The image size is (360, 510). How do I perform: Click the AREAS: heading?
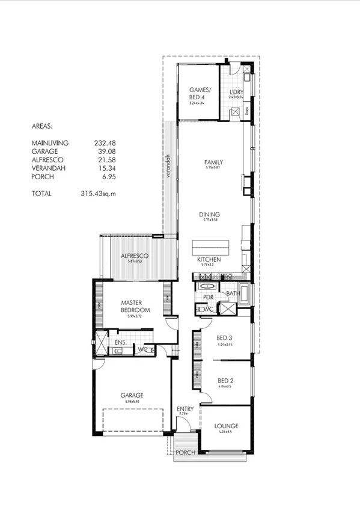pyautogui.click(x=42, y=127)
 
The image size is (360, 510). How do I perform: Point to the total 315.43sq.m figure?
pyautogui.click(x=98, y=194)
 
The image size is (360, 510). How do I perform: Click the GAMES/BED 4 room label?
pyautogui.click(x=197, y=93)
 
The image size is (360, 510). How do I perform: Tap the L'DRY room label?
pyautogui.click(x=236, y=92)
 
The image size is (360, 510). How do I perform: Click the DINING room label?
pyautogui.click(x=210, y=215)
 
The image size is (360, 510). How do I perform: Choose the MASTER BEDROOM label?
pyautogui.click(x=135, y=306)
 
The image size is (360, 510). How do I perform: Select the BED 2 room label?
pyautogui.click(x=225, y=381)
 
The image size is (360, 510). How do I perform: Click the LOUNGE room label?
pyautogui.click(x=226, y=425)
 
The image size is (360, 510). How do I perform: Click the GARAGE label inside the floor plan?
pyautogui.click(x=130, y=395)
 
